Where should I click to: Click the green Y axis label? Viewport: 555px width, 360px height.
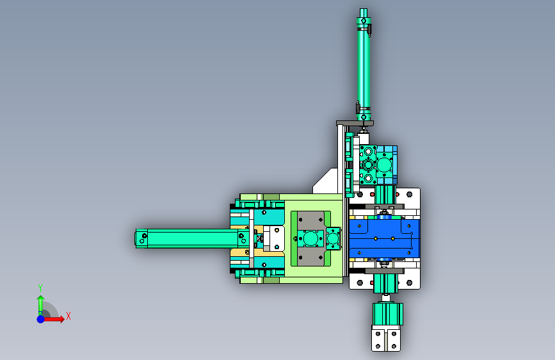click(40, 288)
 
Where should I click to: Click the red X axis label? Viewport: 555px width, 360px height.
click(68, 316)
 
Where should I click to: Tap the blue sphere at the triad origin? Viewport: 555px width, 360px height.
click(41, 319)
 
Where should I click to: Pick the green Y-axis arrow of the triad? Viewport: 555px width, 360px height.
click(41, 306)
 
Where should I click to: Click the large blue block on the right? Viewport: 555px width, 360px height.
click(385, 238)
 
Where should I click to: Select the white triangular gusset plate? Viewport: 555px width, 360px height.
click(325, 181)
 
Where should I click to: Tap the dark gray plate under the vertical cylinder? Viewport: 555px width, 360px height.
click(355, 123)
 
